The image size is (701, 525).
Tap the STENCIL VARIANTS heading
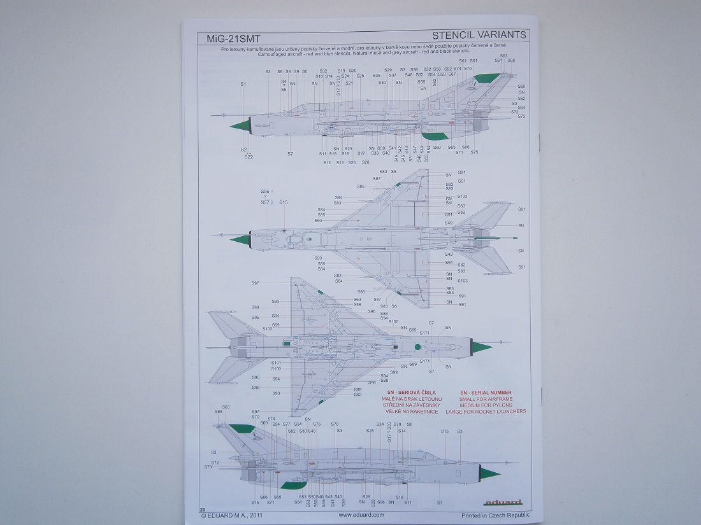coord(479,34)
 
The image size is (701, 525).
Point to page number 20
coord(202,509)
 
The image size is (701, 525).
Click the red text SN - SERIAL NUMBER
coord(486,393)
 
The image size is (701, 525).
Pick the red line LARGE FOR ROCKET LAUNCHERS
coord(486,412)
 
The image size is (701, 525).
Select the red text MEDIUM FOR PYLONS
coord(486,405)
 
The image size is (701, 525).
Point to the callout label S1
coord(243,85)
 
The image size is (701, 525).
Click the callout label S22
coord(248,157)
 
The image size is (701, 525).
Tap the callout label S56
coord(265,191)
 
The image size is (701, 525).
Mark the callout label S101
coord(276,363)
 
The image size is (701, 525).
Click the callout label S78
coord(335,424)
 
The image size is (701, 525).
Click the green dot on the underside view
coord(417,347)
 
